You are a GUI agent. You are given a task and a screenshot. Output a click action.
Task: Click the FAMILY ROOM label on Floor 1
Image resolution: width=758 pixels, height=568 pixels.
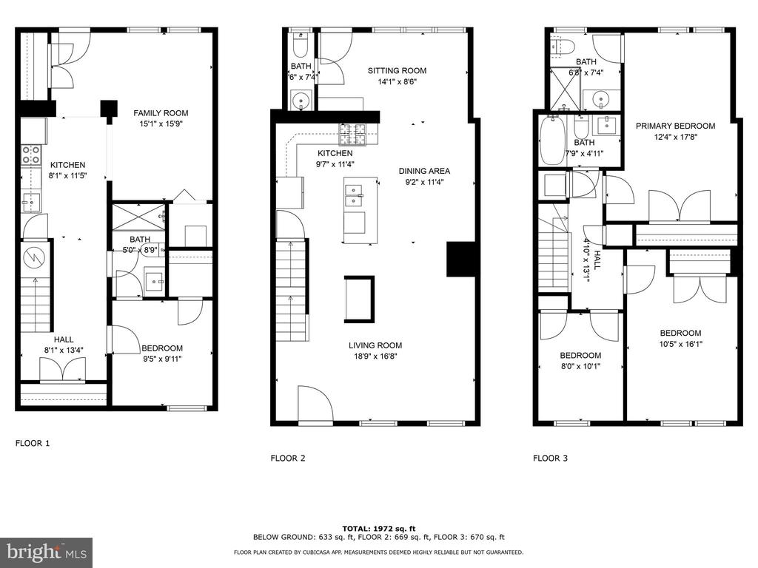click(x=161, y=113)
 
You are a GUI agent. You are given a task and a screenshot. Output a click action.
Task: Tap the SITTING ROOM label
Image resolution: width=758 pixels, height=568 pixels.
click(x=397, y=70)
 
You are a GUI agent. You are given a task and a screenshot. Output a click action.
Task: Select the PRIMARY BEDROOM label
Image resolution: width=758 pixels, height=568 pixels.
click(x=675, y=126)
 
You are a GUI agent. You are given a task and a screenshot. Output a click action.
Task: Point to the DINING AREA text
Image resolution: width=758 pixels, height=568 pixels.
click(x=424, y=171)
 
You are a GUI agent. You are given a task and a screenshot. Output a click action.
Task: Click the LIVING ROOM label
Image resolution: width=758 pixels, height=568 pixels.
click(x=375, y=345)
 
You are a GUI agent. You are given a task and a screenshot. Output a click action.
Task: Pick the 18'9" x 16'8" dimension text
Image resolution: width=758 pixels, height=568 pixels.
click(x=375, y=357)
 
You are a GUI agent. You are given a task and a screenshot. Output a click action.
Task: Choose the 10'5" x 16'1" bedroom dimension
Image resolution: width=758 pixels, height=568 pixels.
click(x=681, y=345)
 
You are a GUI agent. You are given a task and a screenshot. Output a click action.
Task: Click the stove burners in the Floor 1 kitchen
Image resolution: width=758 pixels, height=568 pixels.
click(x=30, y=155)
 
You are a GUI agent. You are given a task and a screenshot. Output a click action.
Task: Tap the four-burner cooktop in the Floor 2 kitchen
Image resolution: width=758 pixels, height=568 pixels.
click(x=354, y=135)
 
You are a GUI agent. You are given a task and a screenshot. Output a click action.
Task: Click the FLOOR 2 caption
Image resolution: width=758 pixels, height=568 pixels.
click(x=288, y=458)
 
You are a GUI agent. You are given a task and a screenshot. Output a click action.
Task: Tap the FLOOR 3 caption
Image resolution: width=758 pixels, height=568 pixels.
click(x=550, y=458)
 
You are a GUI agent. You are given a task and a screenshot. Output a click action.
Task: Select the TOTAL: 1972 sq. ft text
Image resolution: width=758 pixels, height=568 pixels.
click(x=379, y=529)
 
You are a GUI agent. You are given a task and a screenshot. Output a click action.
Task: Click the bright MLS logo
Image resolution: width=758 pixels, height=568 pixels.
click(x=47, y=552)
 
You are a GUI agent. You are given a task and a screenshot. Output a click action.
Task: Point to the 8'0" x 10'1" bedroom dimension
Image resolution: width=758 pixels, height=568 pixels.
click(x=580, y=367)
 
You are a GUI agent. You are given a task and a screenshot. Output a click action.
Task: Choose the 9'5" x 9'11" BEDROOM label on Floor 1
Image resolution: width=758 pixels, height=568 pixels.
click(x=162, y=348)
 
